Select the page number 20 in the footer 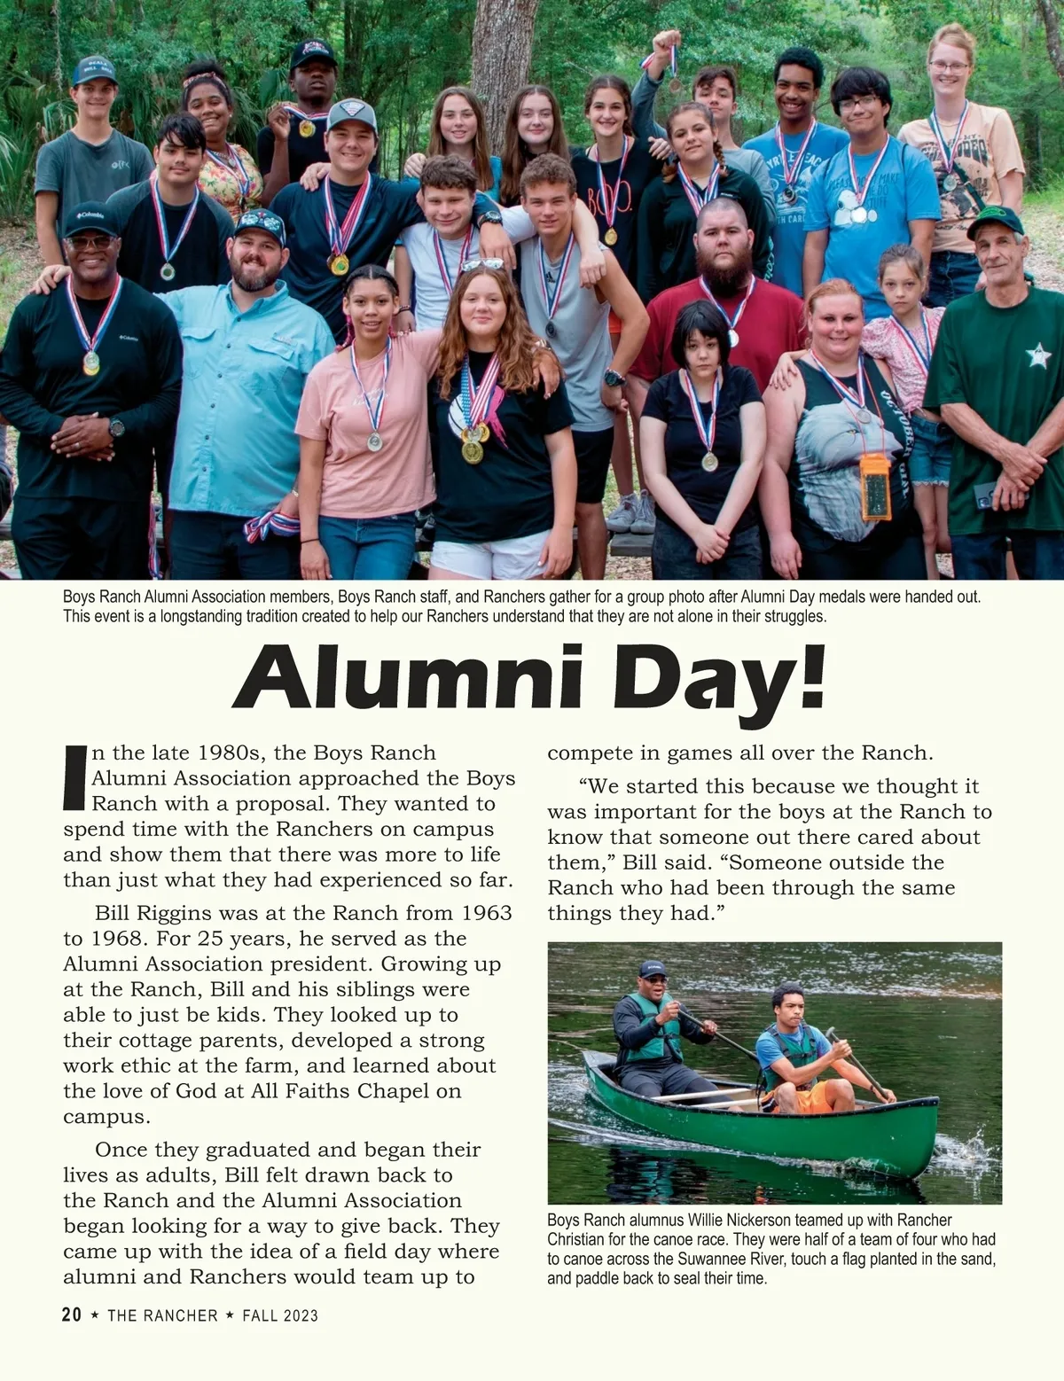coord(72,1315)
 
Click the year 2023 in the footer coord(300,1315)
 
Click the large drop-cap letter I coord(74,777)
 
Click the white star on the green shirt coord(1037,356)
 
